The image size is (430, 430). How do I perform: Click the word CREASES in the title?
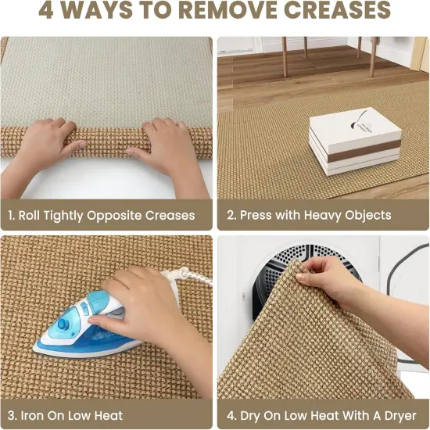tap(337, 10)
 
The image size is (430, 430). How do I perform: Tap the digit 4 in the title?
tap(45, 10)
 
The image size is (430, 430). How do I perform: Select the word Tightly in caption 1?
tap(63, 216)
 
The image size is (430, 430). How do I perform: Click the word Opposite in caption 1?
tap(114, 216)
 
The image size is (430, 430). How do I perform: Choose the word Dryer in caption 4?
tap(400, 416)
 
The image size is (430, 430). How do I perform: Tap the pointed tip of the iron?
tap(34, 349)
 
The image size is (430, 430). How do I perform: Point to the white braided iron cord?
tap(187, 275)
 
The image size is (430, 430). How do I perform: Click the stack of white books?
tap(355, 142)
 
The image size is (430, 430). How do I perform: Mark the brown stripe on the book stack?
tap(365, 151)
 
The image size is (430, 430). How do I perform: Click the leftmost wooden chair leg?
tap(285, 57)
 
